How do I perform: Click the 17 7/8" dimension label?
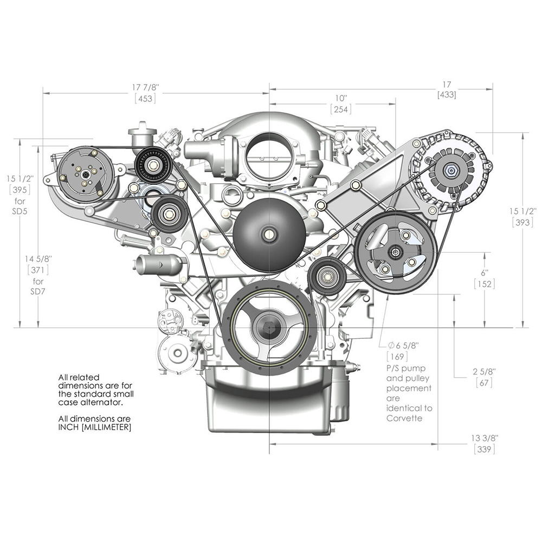[145, 87]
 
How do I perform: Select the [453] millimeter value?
[145, 98]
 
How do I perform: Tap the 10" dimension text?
[340, 98]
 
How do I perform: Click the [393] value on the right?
[524, 222]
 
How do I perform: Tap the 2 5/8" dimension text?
[482, 372]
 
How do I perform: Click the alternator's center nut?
[450, 170]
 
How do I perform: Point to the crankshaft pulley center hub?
[269, 327]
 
